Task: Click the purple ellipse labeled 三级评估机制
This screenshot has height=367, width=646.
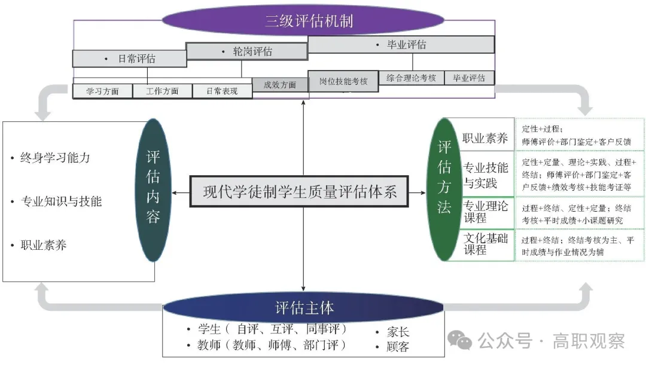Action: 303,22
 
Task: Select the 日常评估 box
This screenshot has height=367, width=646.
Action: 129,59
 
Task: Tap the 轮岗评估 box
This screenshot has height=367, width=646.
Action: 246,51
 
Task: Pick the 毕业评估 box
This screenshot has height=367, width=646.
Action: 401,45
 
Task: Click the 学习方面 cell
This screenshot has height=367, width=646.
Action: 102,91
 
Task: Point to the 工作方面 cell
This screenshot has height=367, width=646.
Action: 162,91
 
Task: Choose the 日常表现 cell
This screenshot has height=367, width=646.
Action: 222,91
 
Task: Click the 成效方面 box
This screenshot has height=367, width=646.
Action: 280,85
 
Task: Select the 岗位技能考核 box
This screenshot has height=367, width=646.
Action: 343,81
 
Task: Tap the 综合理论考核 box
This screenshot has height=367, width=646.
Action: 411,78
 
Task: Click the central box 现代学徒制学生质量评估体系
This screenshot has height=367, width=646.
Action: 299,192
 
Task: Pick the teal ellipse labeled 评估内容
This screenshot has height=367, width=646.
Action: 153,190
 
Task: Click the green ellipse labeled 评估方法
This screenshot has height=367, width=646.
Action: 444,190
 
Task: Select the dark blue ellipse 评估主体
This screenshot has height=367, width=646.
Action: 304,308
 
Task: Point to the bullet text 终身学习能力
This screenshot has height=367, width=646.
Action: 55,158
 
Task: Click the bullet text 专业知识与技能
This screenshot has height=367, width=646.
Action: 61,201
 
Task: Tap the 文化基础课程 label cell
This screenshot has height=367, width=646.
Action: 486,244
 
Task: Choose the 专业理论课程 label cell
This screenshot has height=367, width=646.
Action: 486,212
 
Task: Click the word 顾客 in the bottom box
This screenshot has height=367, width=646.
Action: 398,347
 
